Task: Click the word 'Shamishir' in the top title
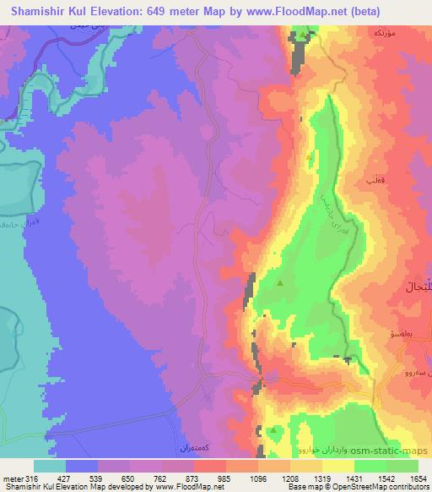point(38,11)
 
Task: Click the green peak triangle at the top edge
point(304,36)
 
